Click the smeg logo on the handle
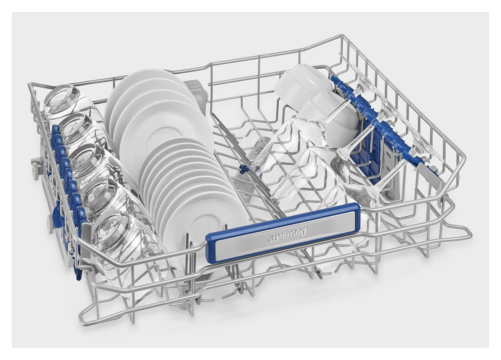click(x=287, y=236)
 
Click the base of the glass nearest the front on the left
click(x=110, y=232)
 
